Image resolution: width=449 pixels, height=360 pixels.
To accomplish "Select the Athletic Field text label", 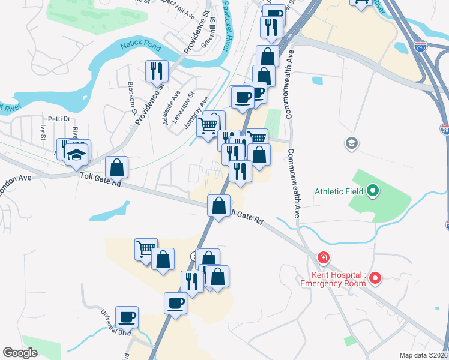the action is [339, 192].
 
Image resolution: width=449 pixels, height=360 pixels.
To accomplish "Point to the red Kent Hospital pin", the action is [376, 278].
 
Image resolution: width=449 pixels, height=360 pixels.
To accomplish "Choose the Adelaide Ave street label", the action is [169, 107].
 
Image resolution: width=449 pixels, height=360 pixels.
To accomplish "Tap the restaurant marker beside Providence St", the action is [157, 71].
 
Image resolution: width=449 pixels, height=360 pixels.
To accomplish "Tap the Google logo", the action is [20, 353].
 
